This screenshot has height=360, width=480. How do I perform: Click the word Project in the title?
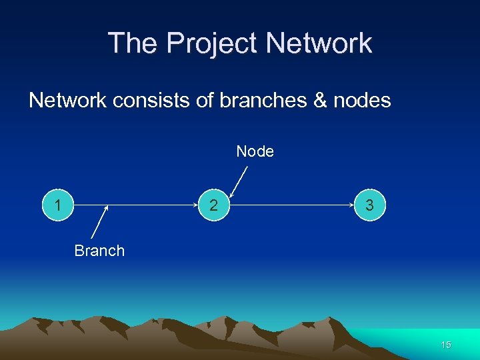[212, 44]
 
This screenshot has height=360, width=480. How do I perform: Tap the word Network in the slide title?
[319, 43]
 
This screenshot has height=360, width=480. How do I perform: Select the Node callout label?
[255, 152]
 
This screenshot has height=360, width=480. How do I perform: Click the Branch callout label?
[99, 251]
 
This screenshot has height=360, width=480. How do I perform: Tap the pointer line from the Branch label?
[99, 223]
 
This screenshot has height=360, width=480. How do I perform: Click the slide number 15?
[446, 345]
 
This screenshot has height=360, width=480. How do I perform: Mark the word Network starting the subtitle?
[67, 101]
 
